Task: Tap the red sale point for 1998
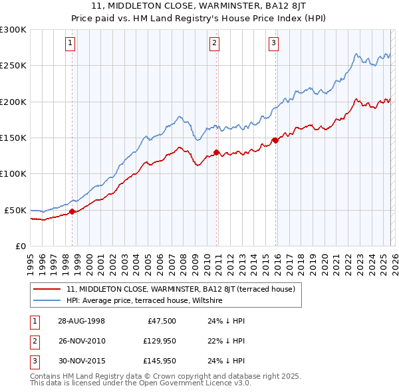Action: pos(72,212)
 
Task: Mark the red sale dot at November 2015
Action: pos(275,141)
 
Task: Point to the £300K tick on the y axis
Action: pos(13,30)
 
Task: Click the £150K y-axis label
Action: pos(13,138)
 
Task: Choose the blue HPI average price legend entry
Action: pos(144,301)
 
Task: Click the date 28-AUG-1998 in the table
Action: pos(81,320)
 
